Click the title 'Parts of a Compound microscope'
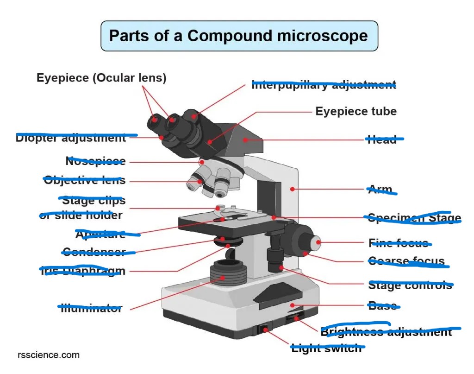click(239, 36)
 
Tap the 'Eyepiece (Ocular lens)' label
click(101, 78)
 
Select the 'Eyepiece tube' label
click(356, 111)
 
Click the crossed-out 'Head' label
click(382, 139)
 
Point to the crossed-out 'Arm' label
click(380, 190)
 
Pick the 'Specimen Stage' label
click(414, 218)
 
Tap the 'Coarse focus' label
click(406, 261)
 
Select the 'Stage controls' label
click(410, 285)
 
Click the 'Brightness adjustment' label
click(386, 332)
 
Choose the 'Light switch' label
click(326, 349)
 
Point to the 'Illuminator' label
click(92, 308)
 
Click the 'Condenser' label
click(94, 252)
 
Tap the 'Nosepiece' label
click(95, 161)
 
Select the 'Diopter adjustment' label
click(71, 138)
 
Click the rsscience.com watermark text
click(49, 355)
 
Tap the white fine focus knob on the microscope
click(315, 241)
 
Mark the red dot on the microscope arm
click(292, 189)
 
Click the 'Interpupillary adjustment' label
click(324, 85)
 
